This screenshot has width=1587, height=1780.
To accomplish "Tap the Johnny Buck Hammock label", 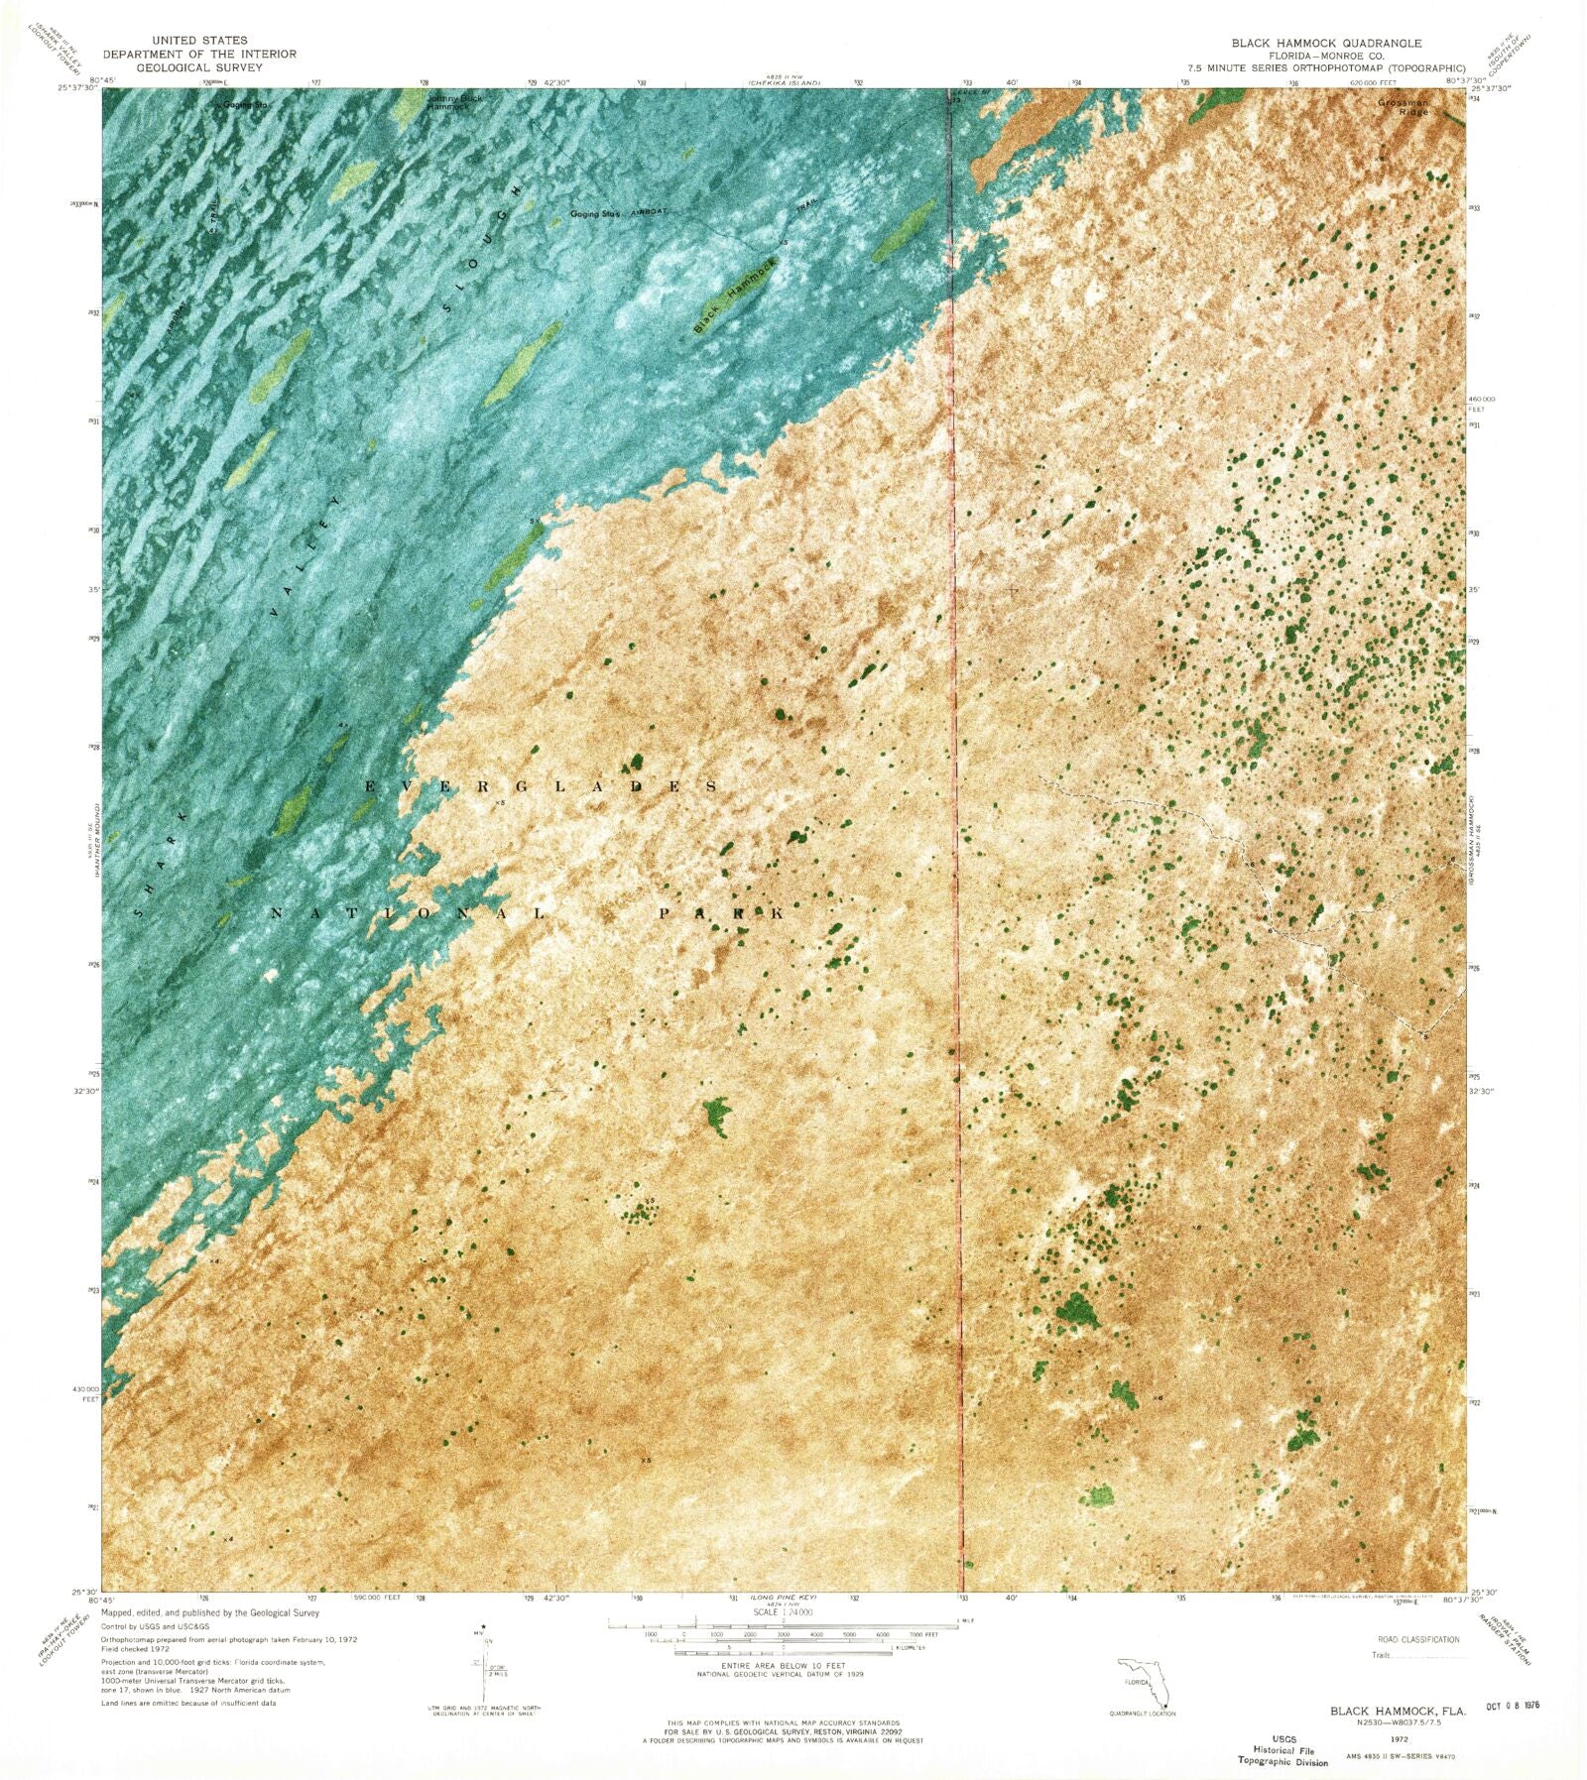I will (x=451, y=101).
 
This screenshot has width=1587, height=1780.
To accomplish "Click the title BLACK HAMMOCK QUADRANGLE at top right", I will (x=1326, y=43).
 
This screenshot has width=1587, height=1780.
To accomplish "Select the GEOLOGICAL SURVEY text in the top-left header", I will (x=198, y=67).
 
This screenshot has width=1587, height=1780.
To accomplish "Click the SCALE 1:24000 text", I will (x=783, y=1641).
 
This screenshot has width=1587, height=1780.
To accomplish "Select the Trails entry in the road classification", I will (x=1381, y=1655).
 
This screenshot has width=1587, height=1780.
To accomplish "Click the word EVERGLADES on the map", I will (x=541, y=786).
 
